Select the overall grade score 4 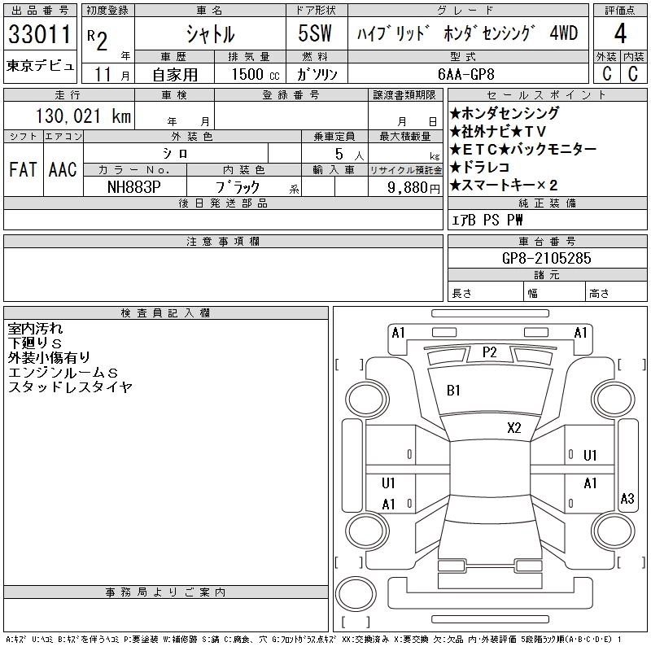[619, 35]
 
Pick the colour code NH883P [135, 186]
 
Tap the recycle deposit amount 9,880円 [409, 186]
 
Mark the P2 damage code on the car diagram [489, 352]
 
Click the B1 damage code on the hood [454, 391]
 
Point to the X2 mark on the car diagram [513, 427]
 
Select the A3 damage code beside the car [627, 499]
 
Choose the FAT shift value [23, 170]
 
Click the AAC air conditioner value [63, 170]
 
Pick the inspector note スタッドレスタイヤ [70, 387]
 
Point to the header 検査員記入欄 [166, 313]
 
